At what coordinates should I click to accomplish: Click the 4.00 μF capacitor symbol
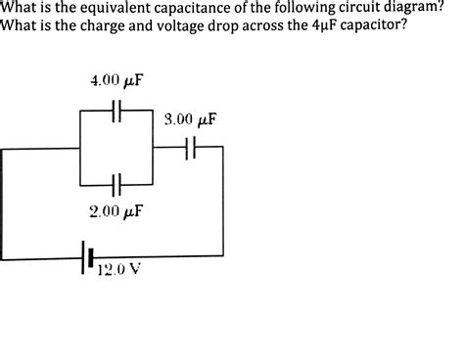[x=116, y=112]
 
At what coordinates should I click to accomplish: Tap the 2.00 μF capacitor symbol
[x=116, y=184]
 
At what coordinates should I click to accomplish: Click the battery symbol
[x=89, y=258]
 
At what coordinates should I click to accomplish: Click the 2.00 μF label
[x=116, y=210]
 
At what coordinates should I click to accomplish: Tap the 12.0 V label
[x=118, y=271]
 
